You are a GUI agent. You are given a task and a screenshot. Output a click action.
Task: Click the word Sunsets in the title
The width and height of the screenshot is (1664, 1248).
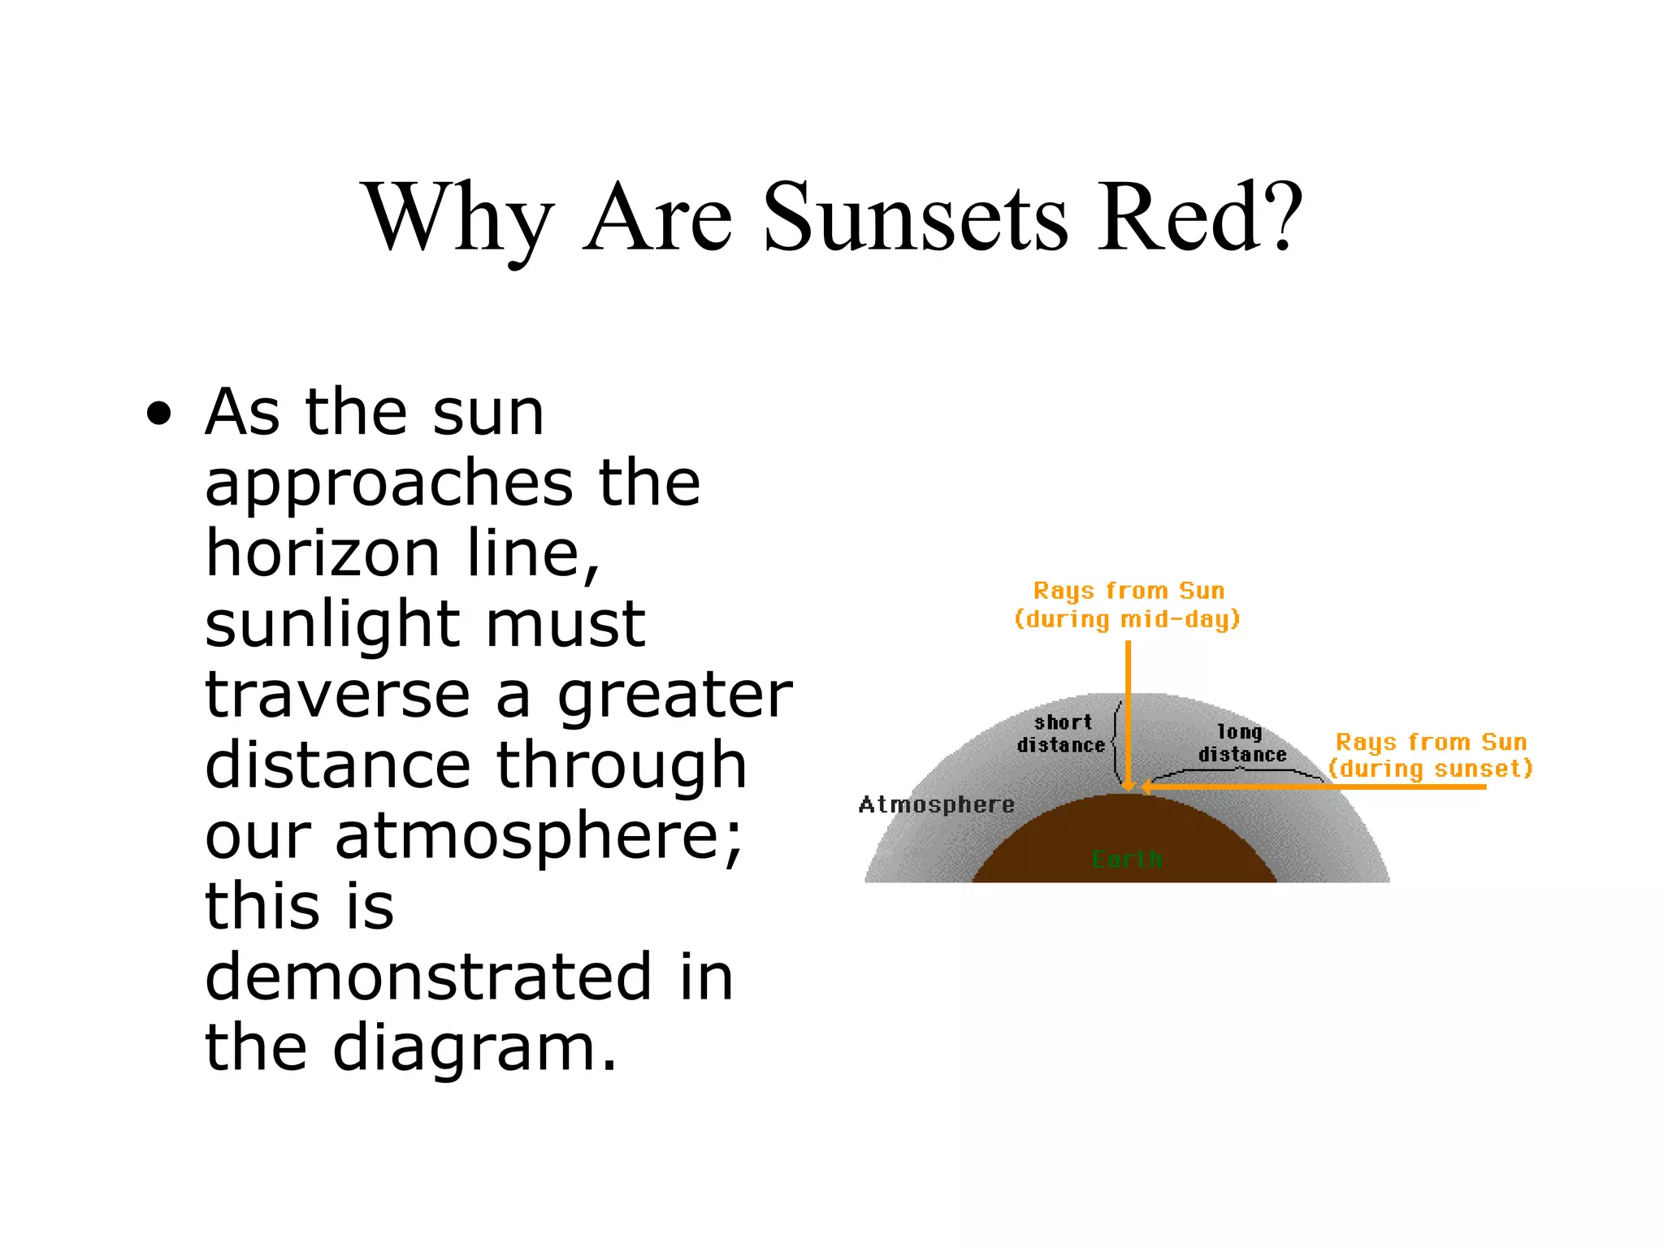(x=916, y=217)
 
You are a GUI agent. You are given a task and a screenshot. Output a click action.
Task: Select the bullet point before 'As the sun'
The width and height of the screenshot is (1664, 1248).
(x=159, y=415)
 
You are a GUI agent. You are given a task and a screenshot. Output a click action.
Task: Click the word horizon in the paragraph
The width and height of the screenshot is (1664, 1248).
(x=323, y=553)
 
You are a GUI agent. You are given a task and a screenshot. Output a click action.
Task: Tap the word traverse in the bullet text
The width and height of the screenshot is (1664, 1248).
(x=337, y=695)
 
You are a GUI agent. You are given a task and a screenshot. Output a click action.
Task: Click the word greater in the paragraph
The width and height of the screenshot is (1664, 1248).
(x=674, y=697)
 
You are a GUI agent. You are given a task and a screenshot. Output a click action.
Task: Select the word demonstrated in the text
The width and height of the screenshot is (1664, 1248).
(x=428, y=977)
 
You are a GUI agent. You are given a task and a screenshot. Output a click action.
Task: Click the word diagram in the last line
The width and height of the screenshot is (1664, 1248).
(x=475, y=1048)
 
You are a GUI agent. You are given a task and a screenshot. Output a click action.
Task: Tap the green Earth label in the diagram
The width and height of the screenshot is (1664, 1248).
(x=1127, y=859)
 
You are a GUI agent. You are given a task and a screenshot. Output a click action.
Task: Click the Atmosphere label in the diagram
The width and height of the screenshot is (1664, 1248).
(x=936, y=804)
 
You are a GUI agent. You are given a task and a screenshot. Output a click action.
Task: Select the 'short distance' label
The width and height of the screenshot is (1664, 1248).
(x=1062, y=734)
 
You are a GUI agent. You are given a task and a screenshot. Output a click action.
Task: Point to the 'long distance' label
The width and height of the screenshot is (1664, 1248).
(x=1241, y=743)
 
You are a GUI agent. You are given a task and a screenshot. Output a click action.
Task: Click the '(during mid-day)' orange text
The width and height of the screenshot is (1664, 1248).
(x=1128, y=619)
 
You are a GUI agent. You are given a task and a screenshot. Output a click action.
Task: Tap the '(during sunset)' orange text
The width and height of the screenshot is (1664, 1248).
(x=1431, y=769)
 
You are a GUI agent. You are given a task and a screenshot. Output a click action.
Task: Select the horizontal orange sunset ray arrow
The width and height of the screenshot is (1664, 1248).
(x=1316, y=786)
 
